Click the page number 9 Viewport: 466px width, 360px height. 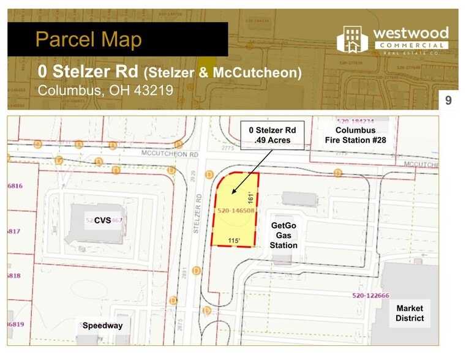point(448,100)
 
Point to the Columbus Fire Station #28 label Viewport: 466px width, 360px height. point(355,135)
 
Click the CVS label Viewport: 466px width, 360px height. point(102,220)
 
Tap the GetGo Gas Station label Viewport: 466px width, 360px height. point(284,235)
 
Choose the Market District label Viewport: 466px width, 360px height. point(410,313)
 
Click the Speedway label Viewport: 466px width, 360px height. point(102,326)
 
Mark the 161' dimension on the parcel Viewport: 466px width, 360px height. point(250,197)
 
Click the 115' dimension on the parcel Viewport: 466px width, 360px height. point(233,240)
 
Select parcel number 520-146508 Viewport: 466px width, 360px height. point(236,210)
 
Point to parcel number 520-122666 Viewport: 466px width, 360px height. point(370,296)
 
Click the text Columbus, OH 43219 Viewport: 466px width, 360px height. point(105,90)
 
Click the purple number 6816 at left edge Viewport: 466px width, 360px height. point(15,186)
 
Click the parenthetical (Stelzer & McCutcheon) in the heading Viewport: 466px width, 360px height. point(222,73)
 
